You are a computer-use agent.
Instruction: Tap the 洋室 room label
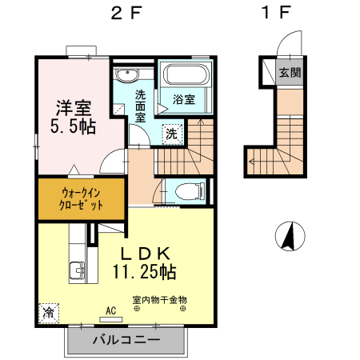point(71,106)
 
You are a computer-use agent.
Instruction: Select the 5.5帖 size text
point(71,126)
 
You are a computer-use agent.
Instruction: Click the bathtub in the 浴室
point(186,78)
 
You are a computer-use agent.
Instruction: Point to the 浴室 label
point(185,100)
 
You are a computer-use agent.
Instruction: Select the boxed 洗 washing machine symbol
point(171,134)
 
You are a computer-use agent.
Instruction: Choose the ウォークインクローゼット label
point(81,198)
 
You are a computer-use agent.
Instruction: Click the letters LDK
point(146,253)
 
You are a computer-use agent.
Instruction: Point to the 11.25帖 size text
point(145,272)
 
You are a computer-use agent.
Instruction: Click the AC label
point(111,310)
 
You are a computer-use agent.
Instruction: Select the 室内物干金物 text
point(159,300)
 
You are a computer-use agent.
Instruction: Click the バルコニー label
point(126,340)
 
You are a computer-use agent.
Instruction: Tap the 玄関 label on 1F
point(290,73)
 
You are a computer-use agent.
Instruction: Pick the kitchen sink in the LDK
point(78,270)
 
